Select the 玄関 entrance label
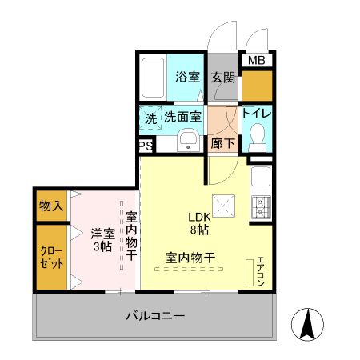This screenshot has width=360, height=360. pos(223,78)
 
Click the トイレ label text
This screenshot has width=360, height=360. pos(257,114)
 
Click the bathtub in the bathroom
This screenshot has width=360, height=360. pos(152,78)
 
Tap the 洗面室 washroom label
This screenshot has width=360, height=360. pos(183,117)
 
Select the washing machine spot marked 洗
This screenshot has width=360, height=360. pos(150,117)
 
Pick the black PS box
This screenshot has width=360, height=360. pos(146,146)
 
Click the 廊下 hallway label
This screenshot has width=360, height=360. pos(223,144)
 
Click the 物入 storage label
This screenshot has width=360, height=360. pos(50,206)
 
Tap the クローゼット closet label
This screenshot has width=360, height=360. pos(50,257)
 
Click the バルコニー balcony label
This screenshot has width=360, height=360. pos(155,316)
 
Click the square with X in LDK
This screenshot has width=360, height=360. pos(223,206)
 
